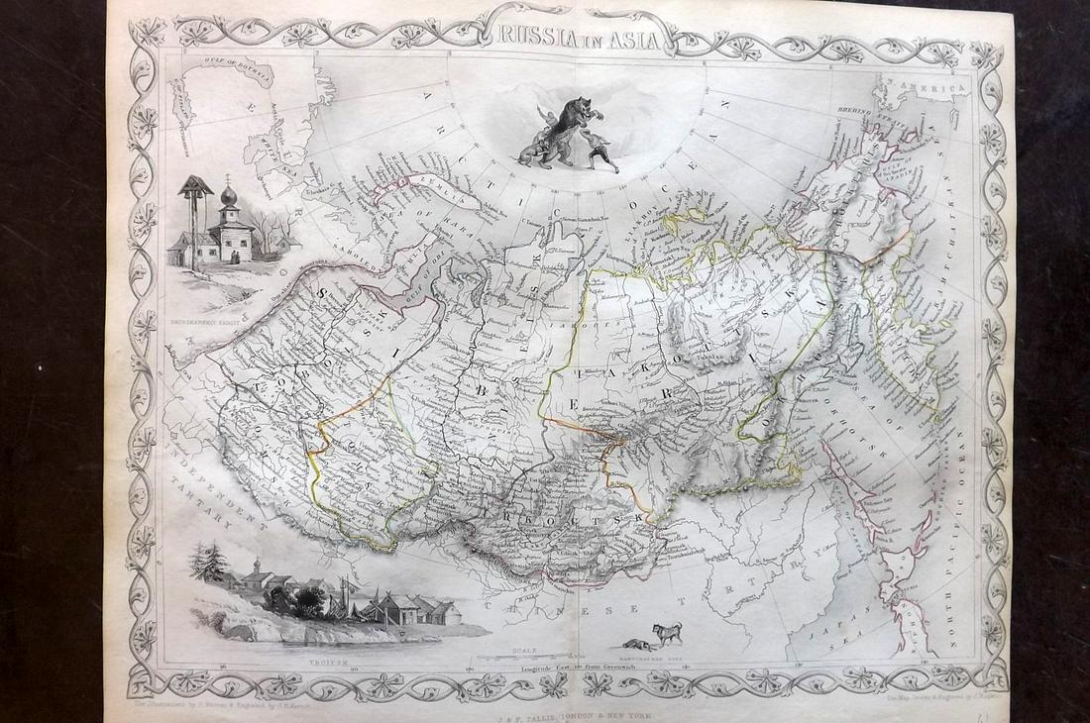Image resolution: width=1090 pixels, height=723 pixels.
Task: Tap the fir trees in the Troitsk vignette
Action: (211, 562)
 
